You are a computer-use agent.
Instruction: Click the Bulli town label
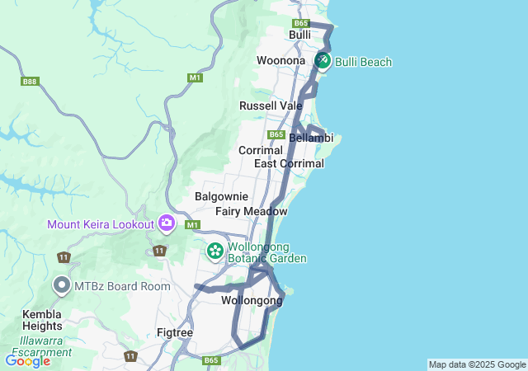[299, 35]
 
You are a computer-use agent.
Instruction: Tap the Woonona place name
[281, 61]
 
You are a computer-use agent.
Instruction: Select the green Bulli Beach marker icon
[322, 61]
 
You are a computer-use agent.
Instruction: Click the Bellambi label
[311, 138]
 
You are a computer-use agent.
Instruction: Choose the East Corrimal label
[289, 163]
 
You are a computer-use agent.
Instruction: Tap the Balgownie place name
[217, 197]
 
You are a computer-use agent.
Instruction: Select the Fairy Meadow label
[251, 212]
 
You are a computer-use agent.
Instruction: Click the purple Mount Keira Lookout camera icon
[167, 223]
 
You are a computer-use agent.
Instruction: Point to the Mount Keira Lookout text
[101, 224]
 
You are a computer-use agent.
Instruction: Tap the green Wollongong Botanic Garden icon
[215, 250]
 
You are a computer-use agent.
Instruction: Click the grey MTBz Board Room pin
[62, 285]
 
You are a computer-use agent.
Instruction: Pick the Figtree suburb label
[175, 333]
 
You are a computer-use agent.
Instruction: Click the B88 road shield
[31, 81]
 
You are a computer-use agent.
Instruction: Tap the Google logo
[27, 360]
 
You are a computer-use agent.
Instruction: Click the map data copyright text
[477, 364]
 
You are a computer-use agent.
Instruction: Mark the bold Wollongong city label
[252, 301]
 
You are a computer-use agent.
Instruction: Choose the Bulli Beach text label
[363, 62]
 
